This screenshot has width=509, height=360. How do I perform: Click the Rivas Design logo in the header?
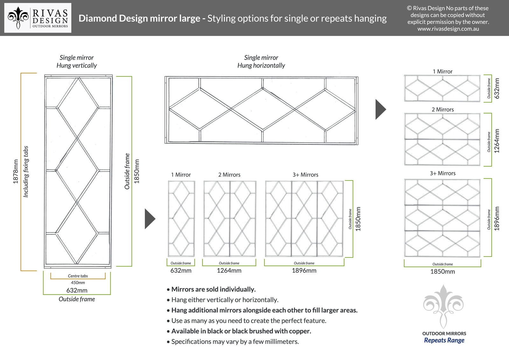pos(38,18)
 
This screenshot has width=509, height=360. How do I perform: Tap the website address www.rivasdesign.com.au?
pos(448,29)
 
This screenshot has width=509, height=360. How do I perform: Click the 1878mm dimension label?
pos(15,171)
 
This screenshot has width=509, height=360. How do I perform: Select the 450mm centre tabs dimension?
pos(78,283)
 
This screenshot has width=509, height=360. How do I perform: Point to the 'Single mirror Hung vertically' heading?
pos(77,61)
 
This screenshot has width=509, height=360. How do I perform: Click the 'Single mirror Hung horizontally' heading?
pos(261,61)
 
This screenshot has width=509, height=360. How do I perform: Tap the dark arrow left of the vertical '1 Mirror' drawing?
pos(150,219)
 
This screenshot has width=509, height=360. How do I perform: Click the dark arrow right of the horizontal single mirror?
pos(380,109)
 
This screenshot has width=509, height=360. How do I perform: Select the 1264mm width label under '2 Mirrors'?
pos(229,271)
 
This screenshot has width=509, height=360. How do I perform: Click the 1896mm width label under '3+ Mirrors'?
pos(304,271)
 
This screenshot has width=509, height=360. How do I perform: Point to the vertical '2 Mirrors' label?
pos(229,175)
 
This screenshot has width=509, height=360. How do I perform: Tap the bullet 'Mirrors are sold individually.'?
pos(213,289)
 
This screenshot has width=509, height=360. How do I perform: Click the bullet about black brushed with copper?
pos(241,331)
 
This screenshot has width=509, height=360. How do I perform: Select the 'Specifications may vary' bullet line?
pos(235,342)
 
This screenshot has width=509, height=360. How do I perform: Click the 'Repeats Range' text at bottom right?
pos(444,340)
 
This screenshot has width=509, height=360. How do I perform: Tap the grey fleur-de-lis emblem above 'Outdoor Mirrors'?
pos(443,306)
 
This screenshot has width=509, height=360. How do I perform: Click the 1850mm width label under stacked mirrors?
pos(443,272)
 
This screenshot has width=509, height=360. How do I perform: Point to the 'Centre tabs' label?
pos(78,276)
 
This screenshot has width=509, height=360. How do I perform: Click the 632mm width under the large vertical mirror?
pos(77,290)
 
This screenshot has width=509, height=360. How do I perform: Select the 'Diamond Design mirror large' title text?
pos(139,18)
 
